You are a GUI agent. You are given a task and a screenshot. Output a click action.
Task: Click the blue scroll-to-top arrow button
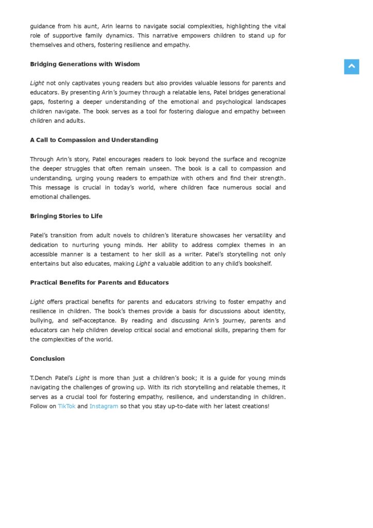pyautogui.click(x=351, y=67)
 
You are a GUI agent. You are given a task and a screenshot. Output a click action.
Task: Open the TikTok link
pyautogui.click(x=66, y=406)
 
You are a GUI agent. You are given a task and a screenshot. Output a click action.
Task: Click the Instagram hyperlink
pyautogui.click(x=104, y=406)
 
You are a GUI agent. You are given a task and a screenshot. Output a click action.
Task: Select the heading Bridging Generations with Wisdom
pyautogui.click(x=84, y=64)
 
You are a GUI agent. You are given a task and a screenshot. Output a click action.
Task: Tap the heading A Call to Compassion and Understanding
pyautogui.click(x=94, y=140)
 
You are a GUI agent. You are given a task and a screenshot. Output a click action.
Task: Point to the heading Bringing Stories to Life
pyautogui.click(x=66, y=216)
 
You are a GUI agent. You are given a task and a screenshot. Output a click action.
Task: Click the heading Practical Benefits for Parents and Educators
pyautogui.click(x=99, y=283)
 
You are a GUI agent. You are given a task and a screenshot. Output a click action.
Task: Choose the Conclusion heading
pyautogui.click(x=47, y=359)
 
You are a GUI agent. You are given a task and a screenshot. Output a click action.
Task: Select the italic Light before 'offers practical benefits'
pyautogui.click(x=37, y=302)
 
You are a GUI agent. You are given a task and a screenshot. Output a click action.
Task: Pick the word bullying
pyautogui.click(x=42, y=321)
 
